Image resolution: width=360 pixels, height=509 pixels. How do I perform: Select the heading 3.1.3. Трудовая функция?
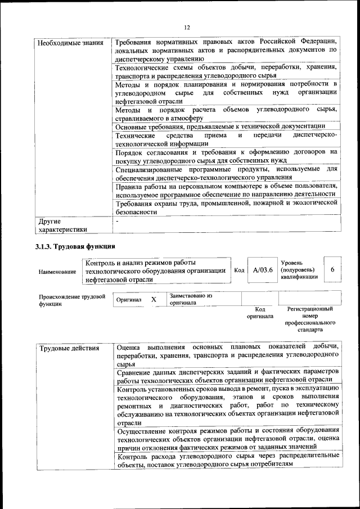75,246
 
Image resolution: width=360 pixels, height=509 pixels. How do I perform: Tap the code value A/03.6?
263,270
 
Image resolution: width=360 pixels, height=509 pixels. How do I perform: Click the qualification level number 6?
332,270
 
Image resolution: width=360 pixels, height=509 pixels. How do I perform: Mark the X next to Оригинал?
154,300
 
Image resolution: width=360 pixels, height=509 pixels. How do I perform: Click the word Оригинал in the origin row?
129,300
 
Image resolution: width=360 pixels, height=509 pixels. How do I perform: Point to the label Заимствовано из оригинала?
191,299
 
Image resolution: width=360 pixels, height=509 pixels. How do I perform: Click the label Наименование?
57,272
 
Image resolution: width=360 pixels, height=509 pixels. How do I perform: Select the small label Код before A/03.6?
238,271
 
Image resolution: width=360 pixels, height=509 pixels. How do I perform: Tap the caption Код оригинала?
260,313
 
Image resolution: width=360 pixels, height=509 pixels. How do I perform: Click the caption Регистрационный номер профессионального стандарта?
310,319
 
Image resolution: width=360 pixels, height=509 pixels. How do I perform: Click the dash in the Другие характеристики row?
116,222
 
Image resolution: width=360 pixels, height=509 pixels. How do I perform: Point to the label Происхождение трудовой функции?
72,300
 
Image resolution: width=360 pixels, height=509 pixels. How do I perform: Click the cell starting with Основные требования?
219,126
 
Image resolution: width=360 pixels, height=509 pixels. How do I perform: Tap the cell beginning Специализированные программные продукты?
226,173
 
